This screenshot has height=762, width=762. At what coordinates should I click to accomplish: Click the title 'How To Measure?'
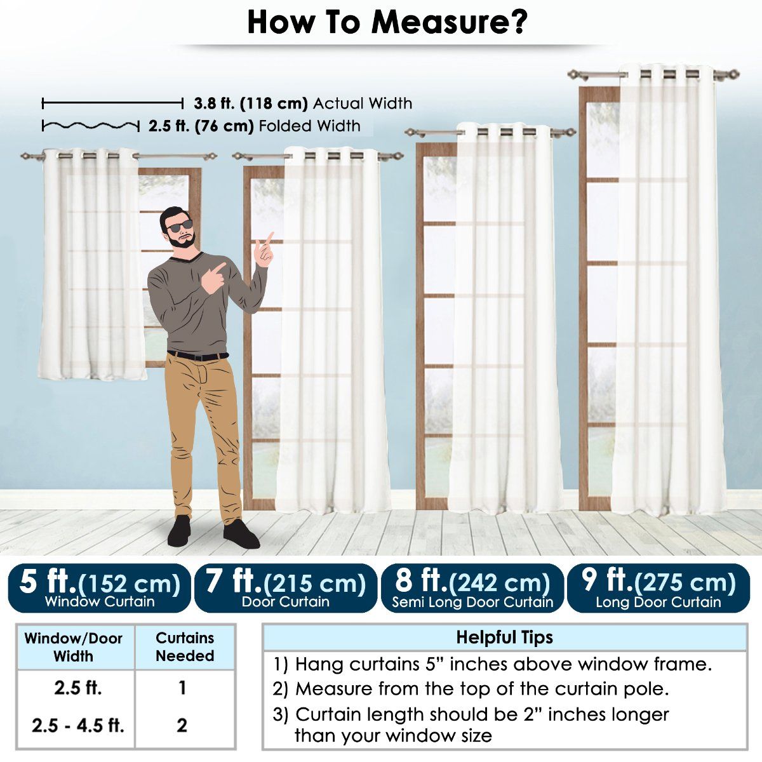(387, 22)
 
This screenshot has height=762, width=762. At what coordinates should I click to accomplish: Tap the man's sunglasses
(179, 226)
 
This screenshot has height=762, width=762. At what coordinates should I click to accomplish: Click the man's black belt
(197, 356)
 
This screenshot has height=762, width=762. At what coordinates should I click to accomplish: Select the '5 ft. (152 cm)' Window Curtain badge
(99, 589)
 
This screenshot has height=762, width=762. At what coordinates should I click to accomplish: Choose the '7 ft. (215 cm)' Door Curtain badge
(286, 589)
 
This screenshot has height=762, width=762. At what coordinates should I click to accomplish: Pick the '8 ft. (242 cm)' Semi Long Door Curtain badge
(472, 589)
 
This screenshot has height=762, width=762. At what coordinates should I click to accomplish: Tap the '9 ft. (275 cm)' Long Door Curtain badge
(658, 589)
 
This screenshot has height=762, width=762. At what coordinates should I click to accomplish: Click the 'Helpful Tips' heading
(505, 637)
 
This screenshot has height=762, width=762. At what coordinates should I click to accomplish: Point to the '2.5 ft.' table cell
(78, 688)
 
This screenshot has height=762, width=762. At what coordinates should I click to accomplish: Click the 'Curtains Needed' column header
(185, 647)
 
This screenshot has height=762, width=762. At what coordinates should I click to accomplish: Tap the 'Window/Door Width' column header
(74, 647)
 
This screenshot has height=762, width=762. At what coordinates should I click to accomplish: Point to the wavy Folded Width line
(91, 126)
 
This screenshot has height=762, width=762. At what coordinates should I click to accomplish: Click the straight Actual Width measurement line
(112, 104)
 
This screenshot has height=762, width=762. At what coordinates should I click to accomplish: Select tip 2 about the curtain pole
(471, 689)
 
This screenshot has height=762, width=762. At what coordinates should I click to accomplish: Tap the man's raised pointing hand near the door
(264, 250)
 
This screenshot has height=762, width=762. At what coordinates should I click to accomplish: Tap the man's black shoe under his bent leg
(241, 534)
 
